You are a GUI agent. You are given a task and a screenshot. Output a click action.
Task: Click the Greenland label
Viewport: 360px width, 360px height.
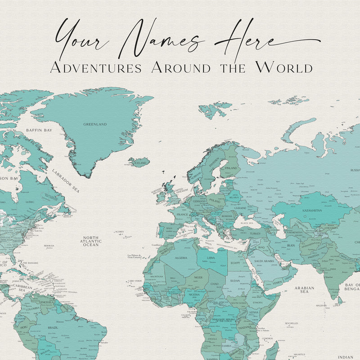[95, 124]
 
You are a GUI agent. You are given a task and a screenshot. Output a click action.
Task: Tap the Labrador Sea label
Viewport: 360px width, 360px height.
[65, 180]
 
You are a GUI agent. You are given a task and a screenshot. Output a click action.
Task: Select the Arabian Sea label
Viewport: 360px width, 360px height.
[305, 289]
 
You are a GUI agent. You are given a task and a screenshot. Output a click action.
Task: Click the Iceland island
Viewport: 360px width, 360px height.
[139, 162]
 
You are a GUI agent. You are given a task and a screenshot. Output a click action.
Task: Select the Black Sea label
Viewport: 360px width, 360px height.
[247, 223]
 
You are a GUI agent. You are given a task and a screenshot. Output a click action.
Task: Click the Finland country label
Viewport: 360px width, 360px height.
[230, 168]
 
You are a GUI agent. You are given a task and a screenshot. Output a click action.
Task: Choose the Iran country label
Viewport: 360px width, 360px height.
[290, 246]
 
